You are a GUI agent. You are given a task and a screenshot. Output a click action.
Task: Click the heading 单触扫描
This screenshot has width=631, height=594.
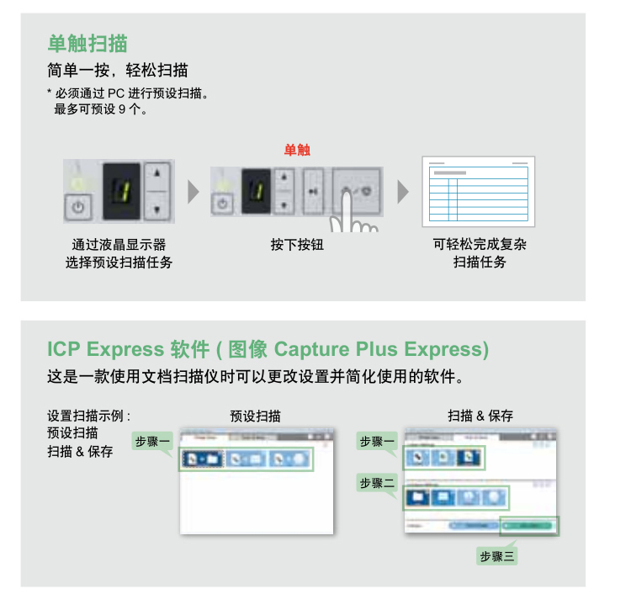click(x=87, y=43)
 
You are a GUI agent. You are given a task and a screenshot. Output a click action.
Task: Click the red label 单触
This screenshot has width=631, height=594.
click(x=297, y=150)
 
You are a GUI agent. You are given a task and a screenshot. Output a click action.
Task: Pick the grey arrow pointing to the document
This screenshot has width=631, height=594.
click(x=403, y=192)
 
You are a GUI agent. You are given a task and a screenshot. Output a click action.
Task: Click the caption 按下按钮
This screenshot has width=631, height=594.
click(x=297, y=245)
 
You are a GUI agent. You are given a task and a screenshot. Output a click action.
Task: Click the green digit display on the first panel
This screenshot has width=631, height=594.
click(x=120, y=190)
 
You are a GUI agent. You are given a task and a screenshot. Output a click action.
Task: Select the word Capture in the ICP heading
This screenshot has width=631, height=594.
click(x=311, y=349)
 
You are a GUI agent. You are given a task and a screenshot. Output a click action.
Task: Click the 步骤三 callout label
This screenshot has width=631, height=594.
click(x=497, y=556)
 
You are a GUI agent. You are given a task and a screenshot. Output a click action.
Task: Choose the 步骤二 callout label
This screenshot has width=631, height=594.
click(x=377, y=483)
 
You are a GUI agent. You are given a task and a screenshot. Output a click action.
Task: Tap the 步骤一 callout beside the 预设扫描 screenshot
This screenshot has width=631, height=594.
click(x=152, y=442)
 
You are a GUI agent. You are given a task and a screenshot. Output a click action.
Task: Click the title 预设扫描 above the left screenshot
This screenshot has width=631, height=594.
click(x=256, y=416)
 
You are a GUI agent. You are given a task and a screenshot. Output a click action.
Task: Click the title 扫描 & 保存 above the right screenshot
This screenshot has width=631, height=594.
click(x=480, y=416)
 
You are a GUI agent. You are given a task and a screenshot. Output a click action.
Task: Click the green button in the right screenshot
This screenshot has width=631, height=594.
click(x=528, y=525)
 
